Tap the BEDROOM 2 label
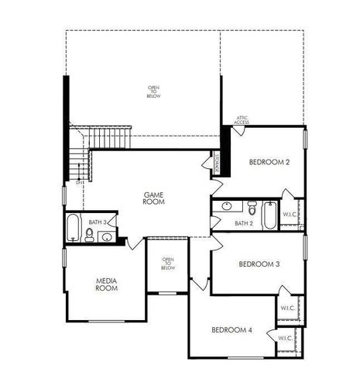tap(269, 162)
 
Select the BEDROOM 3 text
tap(259, 264)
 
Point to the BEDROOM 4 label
tap(231, 330)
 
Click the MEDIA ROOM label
tap(106, 284)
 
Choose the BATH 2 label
tap(243, 223)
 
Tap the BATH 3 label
tap(98, 222)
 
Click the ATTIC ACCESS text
tap(242, 120)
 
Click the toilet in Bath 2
tap(252, 208)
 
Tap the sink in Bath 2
tap(226, 207)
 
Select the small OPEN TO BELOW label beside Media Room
tap(168, 263)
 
